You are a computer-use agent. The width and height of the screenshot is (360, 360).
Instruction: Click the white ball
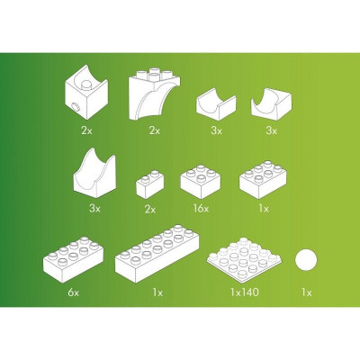pos(306,260)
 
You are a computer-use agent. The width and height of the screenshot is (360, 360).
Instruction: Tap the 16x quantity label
pos(201,208)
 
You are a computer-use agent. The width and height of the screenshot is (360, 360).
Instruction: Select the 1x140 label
pos(245,292)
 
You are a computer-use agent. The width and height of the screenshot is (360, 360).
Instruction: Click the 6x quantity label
pos(73,292)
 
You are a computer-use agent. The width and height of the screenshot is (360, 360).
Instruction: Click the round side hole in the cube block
pos(76,106)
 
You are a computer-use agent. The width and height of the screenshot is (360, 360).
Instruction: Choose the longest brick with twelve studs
pos(157,253)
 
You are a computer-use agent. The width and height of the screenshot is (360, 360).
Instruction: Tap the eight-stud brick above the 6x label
pos(73,259)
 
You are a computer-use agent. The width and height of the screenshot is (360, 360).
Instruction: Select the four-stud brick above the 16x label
pos(201,182)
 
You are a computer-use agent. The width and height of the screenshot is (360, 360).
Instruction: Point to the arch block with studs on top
pos(154,94)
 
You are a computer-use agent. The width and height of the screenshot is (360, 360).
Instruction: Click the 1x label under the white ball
pos(307,292)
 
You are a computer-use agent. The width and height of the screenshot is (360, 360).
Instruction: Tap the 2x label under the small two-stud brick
pos(150,209)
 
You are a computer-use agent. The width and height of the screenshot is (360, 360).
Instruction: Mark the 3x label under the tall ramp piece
pos(94,208)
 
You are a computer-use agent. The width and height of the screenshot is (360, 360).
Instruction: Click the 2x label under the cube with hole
pos(86,130)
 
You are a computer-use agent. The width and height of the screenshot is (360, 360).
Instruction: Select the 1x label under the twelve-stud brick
pos(157,292)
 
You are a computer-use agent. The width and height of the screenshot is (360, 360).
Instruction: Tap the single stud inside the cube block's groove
pos(86,85)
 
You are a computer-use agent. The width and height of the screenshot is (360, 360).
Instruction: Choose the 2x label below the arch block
pos(155,130)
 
